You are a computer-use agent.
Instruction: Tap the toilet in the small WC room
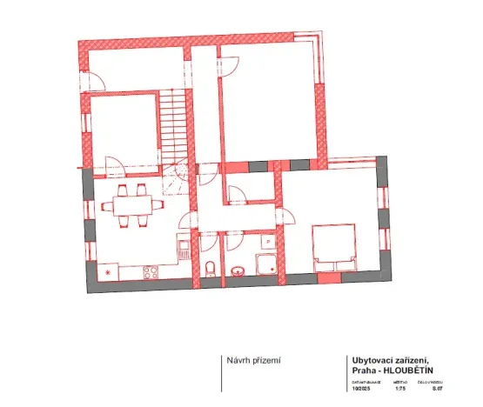[210, 268]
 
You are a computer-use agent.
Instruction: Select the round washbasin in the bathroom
[238, 270]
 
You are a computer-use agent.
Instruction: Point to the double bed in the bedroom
[334, 245]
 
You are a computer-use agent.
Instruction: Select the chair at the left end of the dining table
[106, 207]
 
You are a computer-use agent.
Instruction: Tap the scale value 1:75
[400, 389]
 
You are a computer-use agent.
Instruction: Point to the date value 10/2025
[361, 389]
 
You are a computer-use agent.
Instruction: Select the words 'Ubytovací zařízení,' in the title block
[389, 359]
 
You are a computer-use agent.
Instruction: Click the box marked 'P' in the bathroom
[269, 242]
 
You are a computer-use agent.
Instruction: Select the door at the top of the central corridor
[229, 65]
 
